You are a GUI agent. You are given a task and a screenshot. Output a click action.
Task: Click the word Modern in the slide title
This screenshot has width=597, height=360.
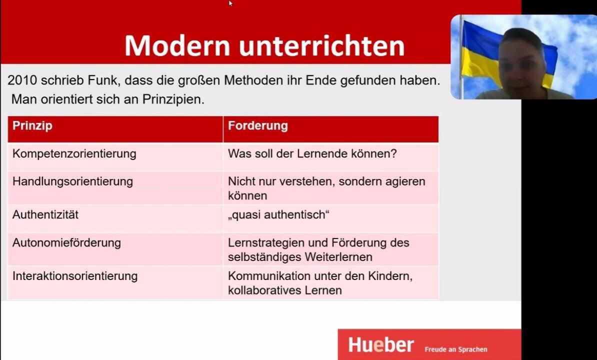click(177, 45)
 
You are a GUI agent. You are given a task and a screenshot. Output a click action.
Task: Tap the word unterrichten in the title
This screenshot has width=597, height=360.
click(321, 45)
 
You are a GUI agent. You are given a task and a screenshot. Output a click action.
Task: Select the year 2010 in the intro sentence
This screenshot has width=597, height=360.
click(21, 80)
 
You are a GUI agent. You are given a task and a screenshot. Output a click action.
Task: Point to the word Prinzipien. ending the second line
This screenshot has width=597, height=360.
click(173, 99)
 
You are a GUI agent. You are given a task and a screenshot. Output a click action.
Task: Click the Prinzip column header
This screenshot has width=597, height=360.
click(32, 126)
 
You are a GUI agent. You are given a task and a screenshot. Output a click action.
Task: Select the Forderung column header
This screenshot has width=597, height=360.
click(258, 126)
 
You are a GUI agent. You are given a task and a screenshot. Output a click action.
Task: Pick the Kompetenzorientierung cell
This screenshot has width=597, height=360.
click(74, 153)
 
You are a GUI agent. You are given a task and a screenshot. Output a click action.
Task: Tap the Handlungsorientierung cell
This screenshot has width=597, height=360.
click(72, 181)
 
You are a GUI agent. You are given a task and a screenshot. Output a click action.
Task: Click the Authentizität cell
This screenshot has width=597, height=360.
click(45, 214)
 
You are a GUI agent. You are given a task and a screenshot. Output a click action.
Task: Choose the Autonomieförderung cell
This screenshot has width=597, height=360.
click(66, 243)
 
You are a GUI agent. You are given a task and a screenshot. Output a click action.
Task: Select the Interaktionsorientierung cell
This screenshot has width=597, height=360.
click(75, 276)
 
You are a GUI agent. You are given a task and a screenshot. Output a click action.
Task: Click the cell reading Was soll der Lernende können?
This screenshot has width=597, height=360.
click(312, 153)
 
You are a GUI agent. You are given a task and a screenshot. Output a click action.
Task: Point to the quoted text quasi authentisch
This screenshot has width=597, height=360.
click(278, 214)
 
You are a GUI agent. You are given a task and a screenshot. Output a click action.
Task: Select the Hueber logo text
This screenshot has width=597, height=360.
click(380, 345)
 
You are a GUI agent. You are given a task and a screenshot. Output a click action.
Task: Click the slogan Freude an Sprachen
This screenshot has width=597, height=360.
click(455, 349)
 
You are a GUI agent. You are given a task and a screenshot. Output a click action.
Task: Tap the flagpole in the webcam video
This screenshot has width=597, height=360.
click(461, 57)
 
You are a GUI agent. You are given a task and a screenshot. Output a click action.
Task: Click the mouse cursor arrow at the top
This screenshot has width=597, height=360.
click(230, 3)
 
